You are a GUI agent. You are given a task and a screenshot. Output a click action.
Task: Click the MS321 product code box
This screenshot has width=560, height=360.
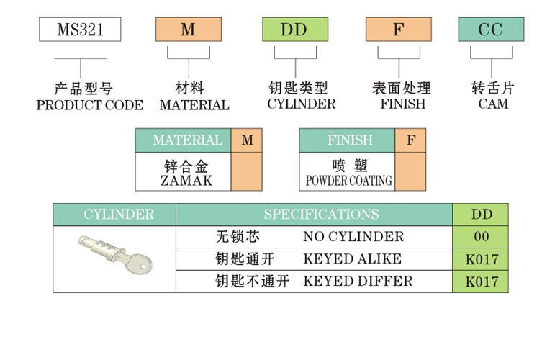(80, 30)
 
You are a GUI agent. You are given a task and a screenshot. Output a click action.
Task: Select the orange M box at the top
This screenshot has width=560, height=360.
(188, 30)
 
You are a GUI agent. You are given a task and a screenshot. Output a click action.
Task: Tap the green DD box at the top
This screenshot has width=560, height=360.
(294, 30)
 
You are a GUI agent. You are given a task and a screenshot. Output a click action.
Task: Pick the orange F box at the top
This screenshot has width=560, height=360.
(398, 30)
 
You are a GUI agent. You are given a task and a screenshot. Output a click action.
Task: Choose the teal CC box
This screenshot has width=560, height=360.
(492, 30)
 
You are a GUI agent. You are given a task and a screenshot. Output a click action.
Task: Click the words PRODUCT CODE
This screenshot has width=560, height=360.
(89, 105)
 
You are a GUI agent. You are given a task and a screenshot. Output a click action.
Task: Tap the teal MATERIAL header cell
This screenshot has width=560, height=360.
(184, 140)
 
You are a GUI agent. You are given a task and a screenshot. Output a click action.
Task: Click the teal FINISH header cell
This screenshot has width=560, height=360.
(348, 140)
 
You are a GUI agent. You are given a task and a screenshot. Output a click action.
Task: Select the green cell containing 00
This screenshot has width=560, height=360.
(481, 237)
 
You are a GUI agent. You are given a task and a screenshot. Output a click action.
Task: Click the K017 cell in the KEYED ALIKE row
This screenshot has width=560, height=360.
(481, 259)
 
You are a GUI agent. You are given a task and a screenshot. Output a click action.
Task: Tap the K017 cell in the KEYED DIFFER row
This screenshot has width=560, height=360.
(481, 282)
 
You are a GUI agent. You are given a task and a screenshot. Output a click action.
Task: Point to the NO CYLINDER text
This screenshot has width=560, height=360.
(353, 237)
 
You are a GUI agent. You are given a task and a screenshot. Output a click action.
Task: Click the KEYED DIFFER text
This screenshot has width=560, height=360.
(358, 281)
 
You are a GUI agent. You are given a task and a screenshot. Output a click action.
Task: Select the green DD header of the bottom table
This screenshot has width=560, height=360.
(481, 215)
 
